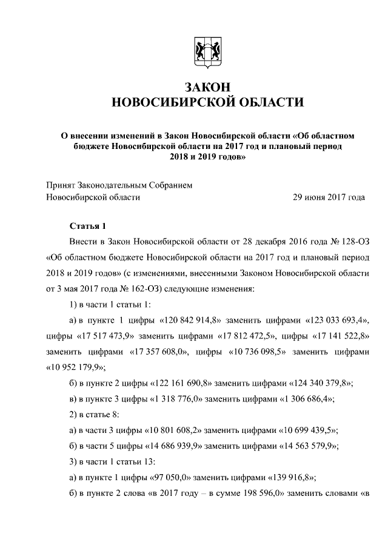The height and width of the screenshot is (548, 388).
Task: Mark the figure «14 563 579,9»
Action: [306, 446]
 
